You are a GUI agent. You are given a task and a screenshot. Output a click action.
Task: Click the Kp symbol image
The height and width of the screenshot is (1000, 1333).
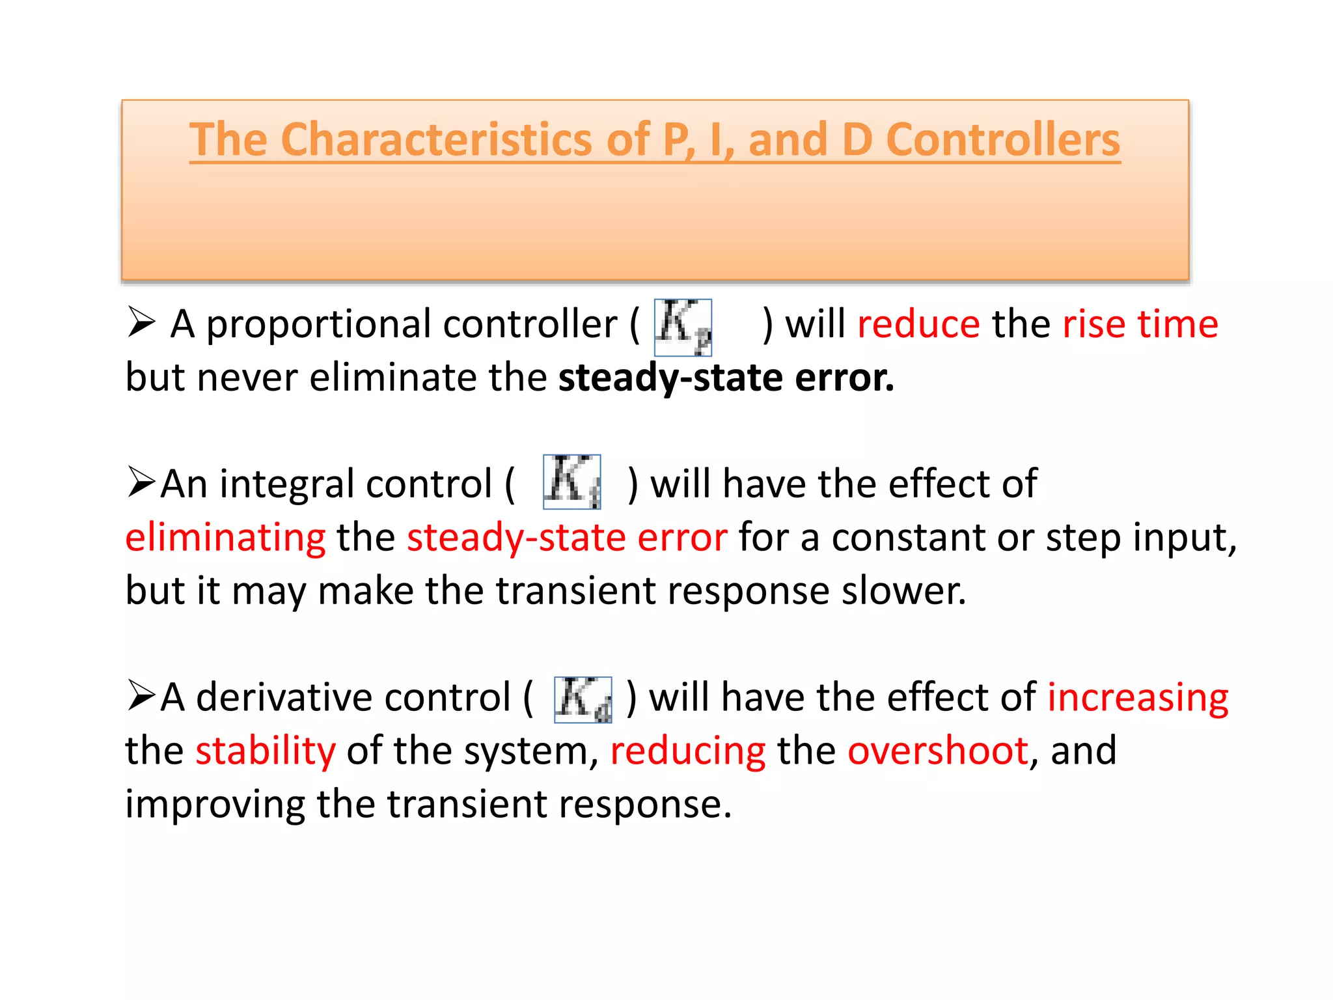tap(683, 327)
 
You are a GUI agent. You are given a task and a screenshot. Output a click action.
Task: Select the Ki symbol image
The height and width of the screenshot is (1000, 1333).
tap(571, 482)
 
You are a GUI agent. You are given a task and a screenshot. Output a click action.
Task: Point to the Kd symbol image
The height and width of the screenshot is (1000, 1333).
tap(583, 700)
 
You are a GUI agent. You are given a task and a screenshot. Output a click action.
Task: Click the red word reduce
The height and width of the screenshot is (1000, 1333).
tap(918, 324)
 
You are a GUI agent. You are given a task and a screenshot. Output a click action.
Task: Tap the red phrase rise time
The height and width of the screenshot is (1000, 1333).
tap(1140, 324)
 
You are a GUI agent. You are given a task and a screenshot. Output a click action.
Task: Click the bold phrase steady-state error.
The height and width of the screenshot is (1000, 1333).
tap(726, 378)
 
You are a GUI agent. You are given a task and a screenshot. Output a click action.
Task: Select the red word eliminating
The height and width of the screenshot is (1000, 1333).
tap(225, 538)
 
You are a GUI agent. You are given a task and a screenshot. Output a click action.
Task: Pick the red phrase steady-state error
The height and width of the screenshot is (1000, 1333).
tap(566, 538)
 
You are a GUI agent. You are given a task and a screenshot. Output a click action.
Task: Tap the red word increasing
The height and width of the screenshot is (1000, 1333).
tap(1137, 698)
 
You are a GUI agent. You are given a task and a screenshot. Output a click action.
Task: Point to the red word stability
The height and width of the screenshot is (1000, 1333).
tap(266, 751)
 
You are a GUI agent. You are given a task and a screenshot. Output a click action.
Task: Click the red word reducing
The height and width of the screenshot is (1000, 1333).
tap(687, 751)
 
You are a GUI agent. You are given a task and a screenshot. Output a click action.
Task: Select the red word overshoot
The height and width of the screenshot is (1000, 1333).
tap(938, 751)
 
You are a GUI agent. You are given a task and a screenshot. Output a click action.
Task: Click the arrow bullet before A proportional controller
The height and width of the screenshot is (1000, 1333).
tap(141, 322)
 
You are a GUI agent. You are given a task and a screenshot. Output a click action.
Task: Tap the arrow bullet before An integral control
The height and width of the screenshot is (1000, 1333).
tap(141, 482)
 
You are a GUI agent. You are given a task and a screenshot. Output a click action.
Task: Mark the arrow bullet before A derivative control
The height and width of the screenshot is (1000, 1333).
tap(141, 695)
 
